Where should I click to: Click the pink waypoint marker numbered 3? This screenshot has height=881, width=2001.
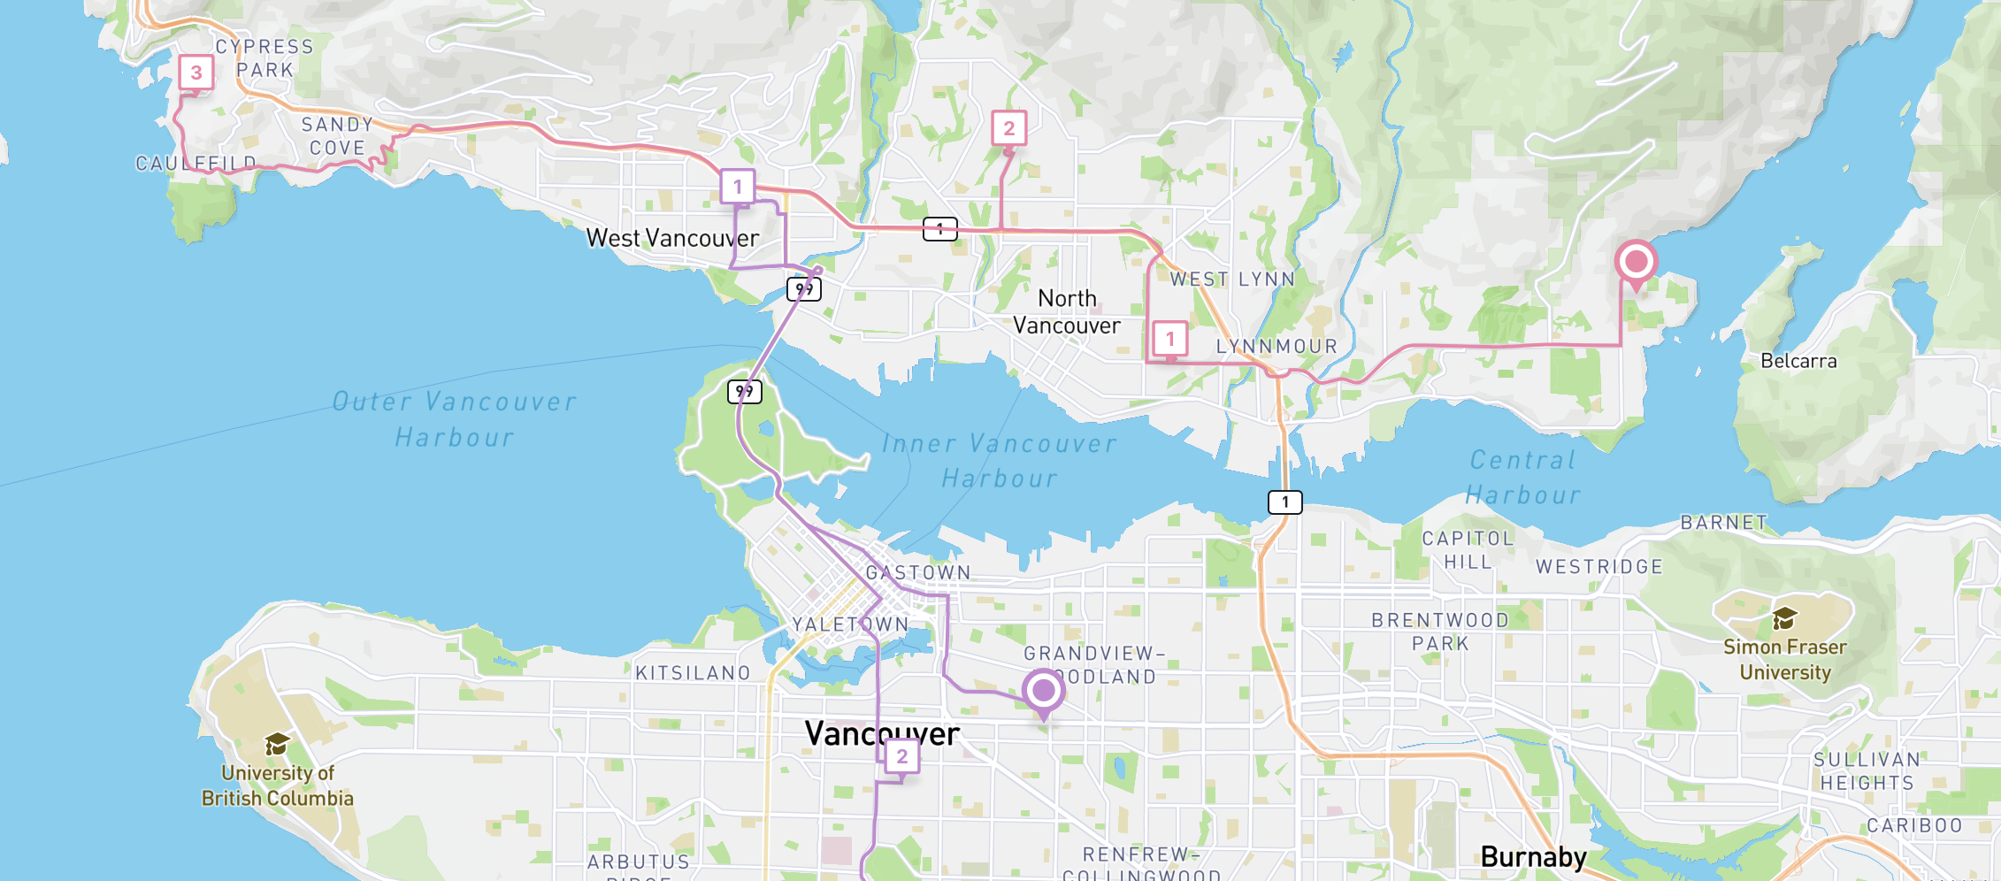pyautogui.click(x=195, y=73)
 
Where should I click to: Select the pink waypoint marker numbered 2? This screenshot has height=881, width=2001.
pyautogui.click(x=1008, y=128)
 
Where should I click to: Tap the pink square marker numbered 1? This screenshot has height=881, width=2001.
pyautogui.click(x=1169, y=339)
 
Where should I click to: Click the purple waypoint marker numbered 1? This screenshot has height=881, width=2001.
pyautogui.click(x=737, y=187)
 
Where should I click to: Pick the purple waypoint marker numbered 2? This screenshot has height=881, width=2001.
pyautogui.click(x=901, y=756)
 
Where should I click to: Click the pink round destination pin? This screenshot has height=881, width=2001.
pyautogui.click(x=1636, y=262)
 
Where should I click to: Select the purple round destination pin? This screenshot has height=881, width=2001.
pyautogui.click(x=1043, y=690)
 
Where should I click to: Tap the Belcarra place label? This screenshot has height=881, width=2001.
pyautogui.click(x=1798, y=361)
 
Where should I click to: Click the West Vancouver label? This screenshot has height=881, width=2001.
pyautogui.click(x=672, y=238)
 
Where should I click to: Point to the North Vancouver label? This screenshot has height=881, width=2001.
pyautogui.click(x=1067, y=311)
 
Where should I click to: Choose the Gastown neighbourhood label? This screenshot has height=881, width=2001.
pyautogui.click(x=918, y=572)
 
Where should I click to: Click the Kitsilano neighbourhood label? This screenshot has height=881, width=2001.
pyautogui.click(x=693, y=673)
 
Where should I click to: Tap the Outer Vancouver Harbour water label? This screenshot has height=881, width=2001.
pyautogui.click(x=454, y=419)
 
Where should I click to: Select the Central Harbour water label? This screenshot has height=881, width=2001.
pyautogui.click(x=1522, y=478)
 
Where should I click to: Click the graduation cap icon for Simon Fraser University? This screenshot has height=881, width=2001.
pyautogui.click(x=1784, y=617)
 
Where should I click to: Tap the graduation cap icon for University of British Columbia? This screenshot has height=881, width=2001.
pyautogui.click(x=277, y=744)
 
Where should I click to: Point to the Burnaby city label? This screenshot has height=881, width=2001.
pyautogui.click(x=1533, y=856)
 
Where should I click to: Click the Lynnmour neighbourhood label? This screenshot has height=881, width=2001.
pyautogui.click(x=1276, y=347)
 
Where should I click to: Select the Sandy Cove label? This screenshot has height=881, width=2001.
pyautogui.click(x=337, y=136)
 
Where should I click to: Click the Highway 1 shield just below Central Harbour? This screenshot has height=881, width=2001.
pyautogui.click(x=1285, y=502)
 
